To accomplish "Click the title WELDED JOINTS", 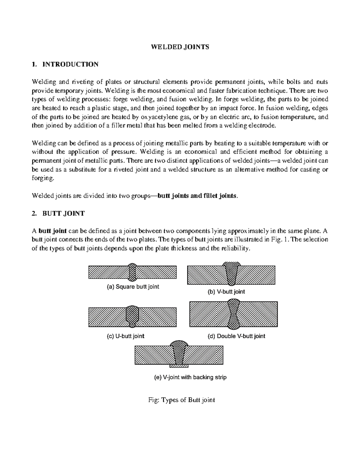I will [180, 47].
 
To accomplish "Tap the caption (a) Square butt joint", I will [133, 287].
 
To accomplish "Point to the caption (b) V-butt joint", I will [226, 291].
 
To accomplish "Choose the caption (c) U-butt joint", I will [125, 336].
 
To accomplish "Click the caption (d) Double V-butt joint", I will [236, 336].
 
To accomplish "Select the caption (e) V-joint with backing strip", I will [190, 377].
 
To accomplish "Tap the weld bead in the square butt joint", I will [132, 272].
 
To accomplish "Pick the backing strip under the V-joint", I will [179, 366].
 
